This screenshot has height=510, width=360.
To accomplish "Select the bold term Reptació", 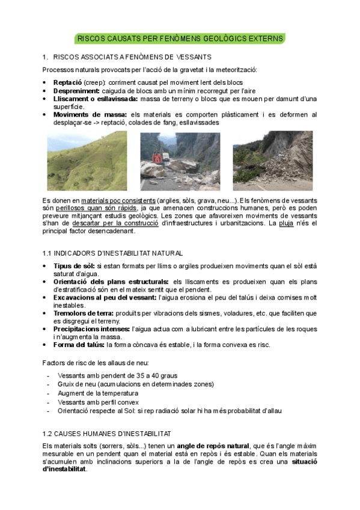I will (67, 81).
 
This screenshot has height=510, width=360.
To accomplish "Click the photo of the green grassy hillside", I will (87, 161).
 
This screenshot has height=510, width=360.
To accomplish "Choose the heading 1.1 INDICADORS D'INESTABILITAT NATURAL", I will (112, 253).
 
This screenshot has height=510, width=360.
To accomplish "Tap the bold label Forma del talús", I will (79, 345).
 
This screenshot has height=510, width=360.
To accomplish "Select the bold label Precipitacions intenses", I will (89, 329).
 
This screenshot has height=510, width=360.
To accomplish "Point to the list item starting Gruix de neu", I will (135, 384).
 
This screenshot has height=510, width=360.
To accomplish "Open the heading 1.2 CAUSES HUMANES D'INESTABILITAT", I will (106, 433).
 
